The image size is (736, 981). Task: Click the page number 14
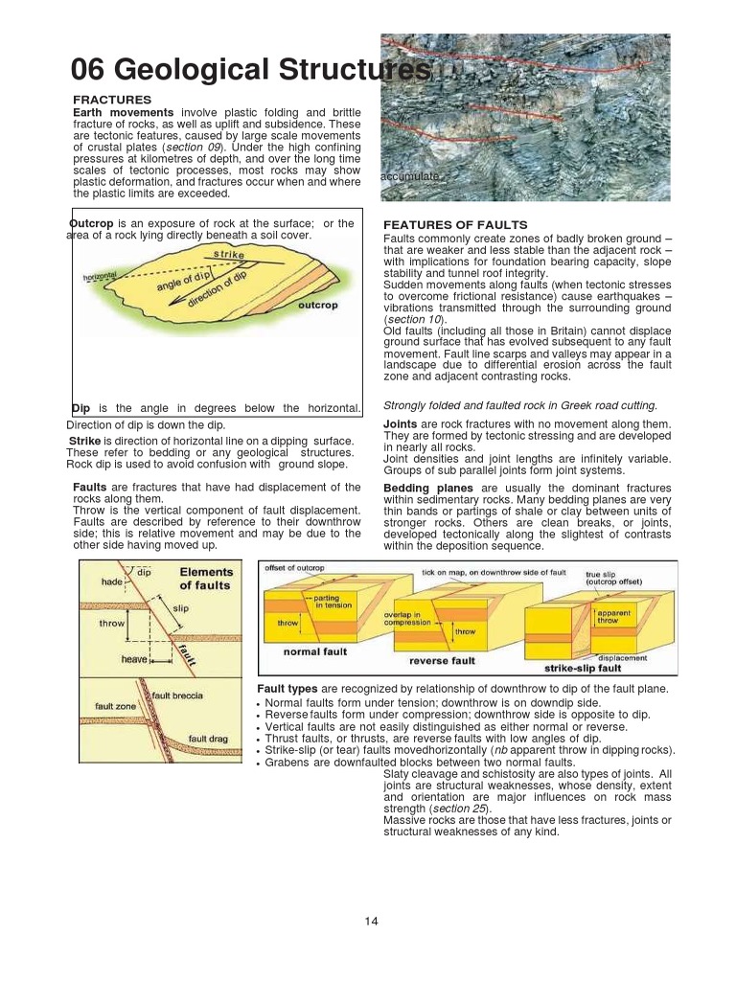(x=372, y=922)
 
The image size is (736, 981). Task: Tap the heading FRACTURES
(x=112, y=100)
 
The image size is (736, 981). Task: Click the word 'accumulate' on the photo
(x=409, y=176)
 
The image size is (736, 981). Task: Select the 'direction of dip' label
(x=218, y=290)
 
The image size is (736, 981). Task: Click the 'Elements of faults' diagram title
(x=205, y=579)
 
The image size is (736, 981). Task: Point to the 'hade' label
(x=112, y=582)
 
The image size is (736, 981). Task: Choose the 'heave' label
(x=134, y=659)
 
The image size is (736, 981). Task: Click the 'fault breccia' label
(x=177, y=696)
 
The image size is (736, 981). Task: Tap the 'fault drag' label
(x=207, y=739)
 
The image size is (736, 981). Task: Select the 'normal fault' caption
(x=314, y=651)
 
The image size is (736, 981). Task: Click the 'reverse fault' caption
(x=442, y=660)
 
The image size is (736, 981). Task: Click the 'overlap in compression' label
(x=408, y=617)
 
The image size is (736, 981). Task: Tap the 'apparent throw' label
(x=614, y=616)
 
